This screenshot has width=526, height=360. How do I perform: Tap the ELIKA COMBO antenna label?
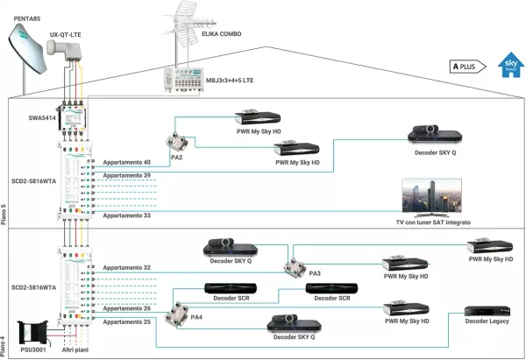tap(215, 34)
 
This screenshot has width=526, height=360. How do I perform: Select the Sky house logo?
tap(508, 66)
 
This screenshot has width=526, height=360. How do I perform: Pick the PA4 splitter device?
tap(186, 307)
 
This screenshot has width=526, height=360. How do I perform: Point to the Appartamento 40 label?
tap(127, 163)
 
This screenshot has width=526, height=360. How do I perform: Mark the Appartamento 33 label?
tap(127, 215)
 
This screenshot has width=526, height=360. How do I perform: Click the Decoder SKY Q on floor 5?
tap(435, 133)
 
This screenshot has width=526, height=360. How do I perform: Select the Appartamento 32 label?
tap(127, 267)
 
